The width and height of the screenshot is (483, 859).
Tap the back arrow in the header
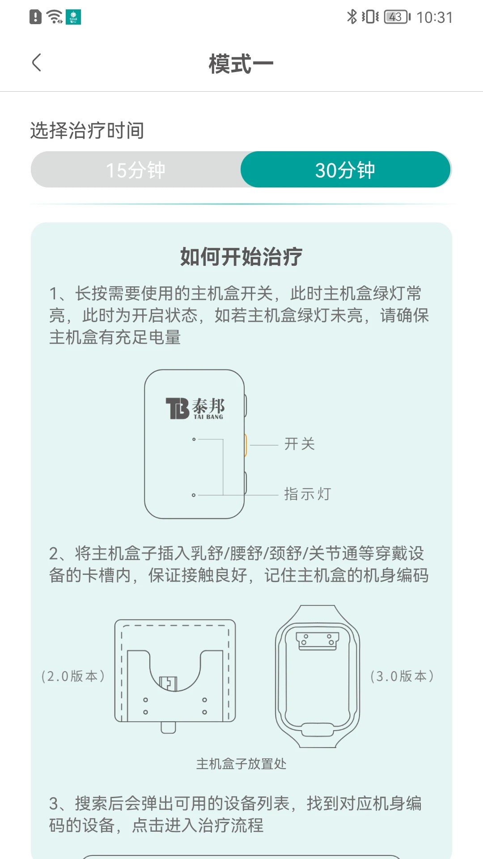click(x=37, y=63)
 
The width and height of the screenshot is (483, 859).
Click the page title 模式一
click(x=241, y=64)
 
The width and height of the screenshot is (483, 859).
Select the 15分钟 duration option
click(x=136, y=170)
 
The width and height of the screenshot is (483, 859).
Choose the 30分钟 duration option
click(x=345, y=170)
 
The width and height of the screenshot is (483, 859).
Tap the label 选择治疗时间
click(x=87, y=131)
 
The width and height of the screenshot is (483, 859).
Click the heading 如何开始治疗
click(x=241, y=257)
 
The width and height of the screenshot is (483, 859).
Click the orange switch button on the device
click(x=245, y=445)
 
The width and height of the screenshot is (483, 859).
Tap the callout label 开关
click(x=300, y=444)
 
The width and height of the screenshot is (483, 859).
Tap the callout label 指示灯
click(x=308, y=494)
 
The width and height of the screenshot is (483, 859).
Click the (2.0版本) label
click(x=73, y=676)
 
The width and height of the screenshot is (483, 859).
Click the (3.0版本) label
click(x=402, y=676)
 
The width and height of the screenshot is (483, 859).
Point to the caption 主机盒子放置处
click(x=241, y=764)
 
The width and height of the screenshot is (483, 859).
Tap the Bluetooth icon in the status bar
click(x=352, y=17)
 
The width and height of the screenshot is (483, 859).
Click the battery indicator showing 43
click(x=396, y=17)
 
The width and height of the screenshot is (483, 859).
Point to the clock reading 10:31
click(x=434, y=17)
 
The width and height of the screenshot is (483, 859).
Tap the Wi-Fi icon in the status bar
click(x=55, y=17)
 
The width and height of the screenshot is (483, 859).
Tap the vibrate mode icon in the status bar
click(x=370, y=17)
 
